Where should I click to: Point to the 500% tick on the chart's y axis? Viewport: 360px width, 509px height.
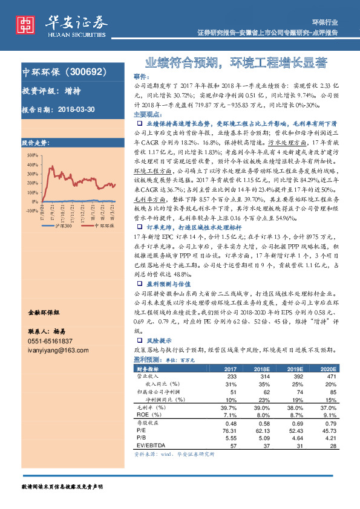(30, 155)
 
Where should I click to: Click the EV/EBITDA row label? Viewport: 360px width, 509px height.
(149, 445)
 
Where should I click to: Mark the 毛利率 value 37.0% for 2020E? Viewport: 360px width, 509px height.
(330, 407)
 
